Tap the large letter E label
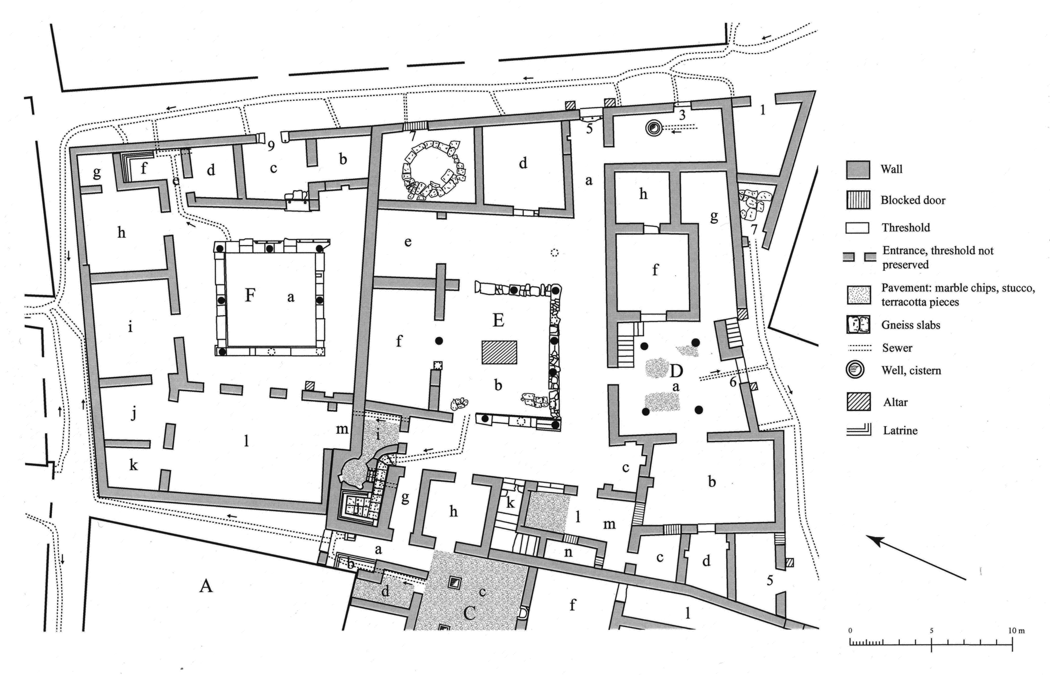[498, 320]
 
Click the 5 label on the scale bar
[931, 631]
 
